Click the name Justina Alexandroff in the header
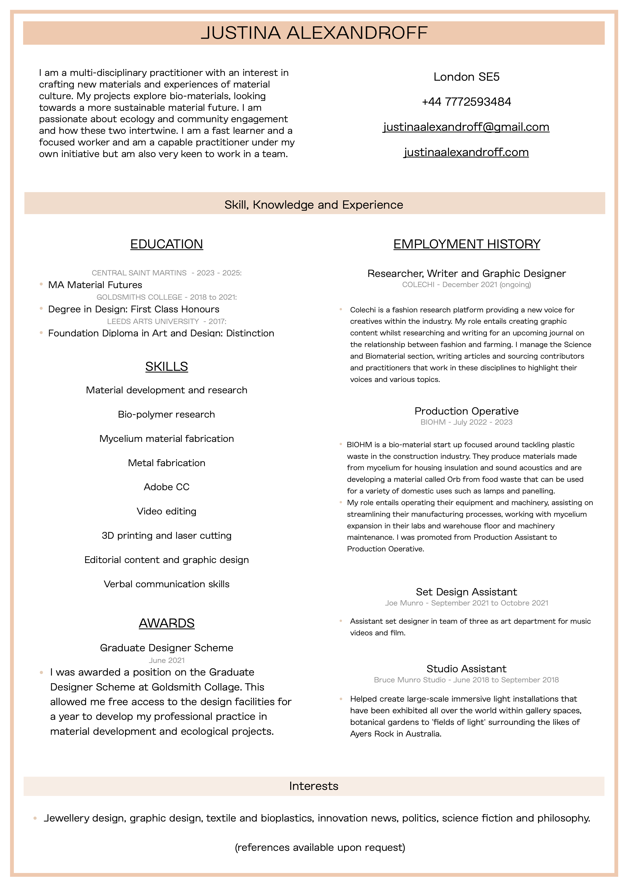314,33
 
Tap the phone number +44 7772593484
466,102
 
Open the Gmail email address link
466,127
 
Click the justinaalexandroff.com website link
466,152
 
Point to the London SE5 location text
466,77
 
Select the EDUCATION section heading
167,244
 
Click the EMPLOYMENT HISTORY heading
466,244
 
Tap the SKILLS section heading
167,366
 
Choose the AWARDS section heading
167,623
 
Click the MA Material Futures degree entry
95,285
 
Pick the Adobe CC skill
167,487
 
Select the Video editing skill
167,511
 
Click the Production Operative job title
466,411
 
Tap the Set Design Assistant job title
466,592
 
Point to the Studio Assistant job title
466,669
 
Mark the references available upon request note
320,848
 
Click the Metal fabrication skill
167,463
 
